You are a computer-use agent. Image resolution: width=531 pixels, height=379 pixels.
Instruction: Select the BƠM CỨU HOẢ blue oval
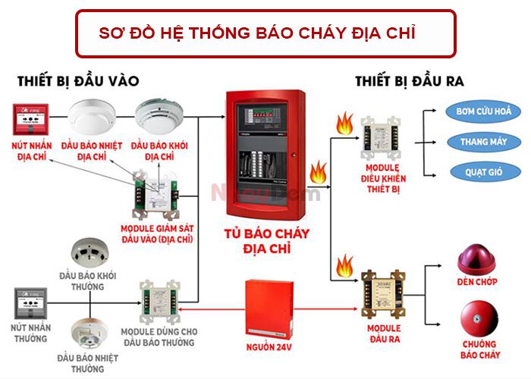[483, 112]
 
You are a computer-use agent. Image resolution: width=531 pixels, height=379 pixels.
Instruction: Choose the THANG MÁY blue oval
[483, 142]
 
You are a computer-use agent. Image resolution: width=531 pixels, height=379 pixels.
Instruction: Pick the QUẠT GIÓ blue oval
[483, 171]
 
